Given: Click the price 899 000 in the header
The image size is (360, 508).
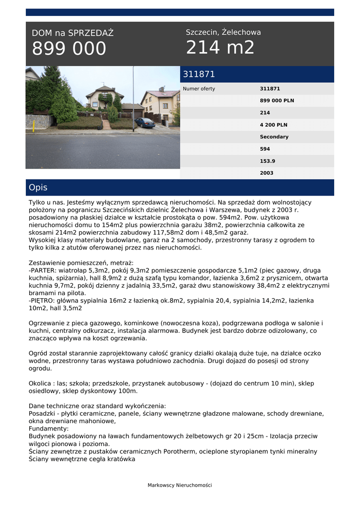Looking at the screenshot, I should tap(69, 49).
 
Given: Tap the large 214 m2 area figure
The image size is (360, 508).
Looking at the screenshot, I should tap(220, 48).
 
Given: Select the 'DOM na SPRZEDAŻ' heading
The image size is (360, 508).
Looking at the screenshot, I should tap(72, 33).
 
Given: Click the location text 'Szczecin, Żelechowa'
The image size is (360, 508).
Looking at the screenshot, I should tap(223, 32).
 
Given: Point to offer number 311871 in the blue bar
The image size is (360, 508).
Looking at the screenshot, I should tap(199, 74).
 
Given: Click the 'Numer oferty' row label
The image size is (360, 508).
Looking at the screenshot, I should tap(199, 89).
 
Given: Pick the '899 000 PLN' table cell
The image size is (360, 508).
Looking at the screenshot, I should tap(277, 101).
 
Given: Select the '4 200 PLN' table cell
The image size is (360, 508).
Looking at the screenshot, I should tap(273, 125).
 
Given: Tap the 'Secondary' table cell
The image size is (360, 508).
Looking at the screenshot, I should tap(274, 137).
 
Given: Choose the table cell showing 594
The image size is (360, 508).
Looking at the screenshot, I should tap(265, 149).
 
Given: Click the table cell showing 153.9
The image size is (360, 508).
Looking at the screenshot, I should tap(268, 161).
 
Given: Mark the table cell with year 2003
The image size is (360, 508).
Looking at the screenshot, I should tap(267, 173).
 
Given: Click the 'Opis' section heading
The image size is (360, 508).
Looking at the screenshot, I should tap(38, 188).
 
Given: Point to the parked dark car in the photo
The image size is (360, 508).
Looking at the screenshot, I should tap(144, 122).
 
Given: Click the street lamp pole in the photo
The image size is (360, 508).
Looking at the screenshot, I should tap(133, 99).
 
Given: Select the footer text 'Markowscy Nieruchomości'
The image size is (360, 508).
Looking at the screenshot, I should tap(180, 485).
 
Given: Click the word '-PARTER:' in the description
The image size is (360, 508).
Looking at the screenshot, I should tap(44, 271).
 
